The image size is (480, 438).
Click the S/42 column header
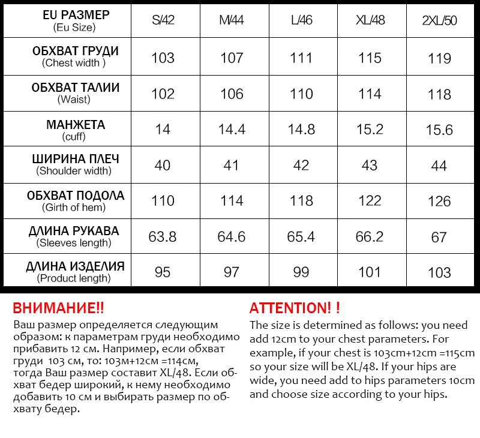[163, 20]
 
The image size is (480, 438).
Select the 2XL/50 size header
[439, 20]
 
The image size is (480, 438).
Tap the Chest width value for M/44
[232, 58]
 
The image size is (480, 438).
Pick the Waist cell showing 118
[439, 94]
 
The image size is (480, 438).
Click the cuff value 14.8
[301, 130]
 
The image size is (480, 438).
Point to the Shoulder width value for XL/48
[370, 165]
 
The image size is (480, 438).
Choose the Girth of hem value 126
[439, 201]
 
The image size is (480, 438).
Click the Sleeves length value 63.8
[163, 236]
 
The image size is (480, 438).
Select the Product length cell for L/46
[301, 272]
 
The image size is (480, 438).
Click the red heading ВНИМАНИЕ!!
[58, 308]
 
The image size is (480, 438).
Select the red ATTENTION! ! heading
[295, 308]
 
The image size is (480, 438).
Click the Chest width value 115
[370, 58]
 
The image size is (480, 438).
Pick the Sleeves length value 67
[439, 237]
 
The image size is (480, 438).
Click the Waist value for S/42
[163, 94]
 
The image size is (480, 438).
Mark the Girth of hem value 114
[232, 201]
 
